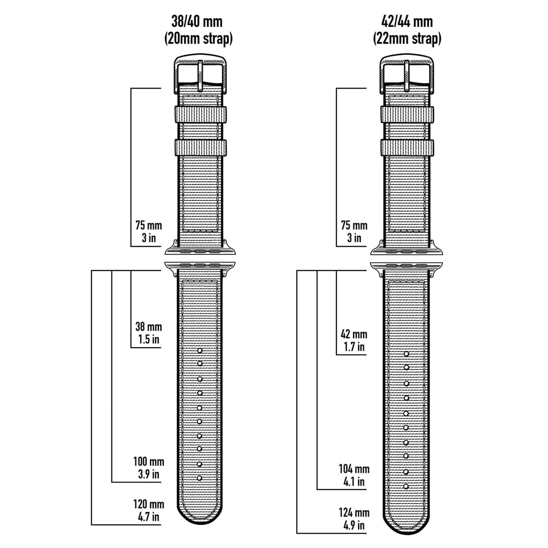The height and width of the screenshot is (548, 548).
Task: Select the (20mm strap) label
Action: point(198,39)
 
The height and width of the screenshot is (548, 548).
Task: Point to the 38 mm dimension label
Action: point(148,327)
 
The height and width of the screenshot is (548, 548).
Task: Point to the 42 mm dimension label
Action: point(354,334)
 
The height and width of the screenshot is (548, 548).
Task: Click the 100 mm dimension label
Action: point(148,462)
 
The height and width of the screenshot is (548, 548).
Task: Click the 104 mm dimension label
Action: point(354,469)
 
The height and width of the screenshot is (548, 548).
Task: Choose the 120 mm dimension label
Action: point(148,504)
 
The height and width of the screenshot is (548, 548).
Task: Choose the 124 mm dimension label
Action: point(354,512)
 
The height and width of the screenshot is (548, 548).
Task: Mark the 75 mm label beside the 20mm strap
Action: point(148,226)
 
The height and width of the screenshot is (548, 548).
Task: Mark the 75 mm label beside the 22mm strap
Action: point(354,226)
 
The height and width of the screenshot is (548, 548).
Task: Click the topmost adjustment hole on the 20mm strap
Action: point(200,350)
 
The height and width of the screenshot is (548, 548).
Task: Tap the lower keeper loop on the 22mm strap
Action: point(406,148)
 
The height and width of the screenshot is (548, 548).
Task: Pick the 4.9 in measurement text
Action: point(354,525)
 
